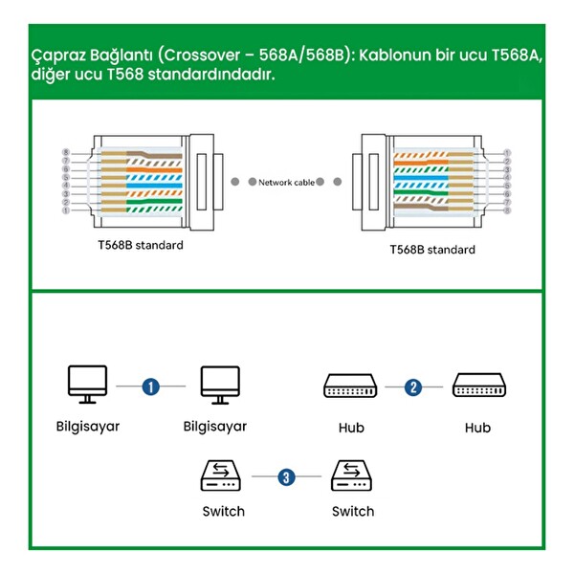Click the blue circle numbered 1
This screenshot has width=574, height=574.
point(150,386)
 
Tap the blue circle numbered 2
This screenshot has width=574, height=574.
point(413,386)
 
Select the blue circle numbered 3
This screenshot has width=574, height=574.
point(285,475)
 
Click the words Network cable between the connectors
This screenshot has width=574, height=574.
point(286,181)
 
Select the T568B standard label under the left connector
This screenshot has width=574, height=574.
point(140,245)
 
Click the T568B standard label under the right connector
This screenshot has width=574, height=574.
point(431,250)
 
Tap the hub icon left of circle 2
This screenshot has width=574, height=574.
point(351,386)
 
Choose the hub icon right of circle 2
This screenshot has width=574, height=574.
point(478,386)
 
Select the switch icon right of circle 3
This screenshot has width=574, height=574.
point(351,475)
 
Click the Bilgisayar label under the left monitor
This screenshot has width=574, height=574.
point(87,426)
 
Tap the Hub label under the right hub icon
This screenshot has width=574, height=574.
point(477,428)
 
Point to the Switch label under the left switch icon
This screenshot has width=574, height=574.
point(223,511)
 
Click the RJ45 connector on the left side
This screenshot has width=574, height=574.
point(153,180)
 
